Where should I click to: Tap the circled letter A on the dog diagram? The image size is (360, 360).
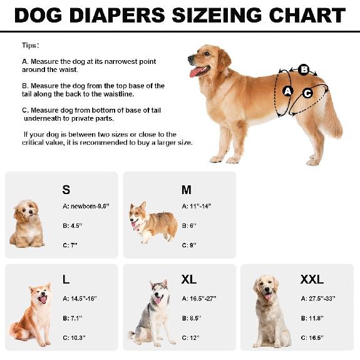tap(288, 91)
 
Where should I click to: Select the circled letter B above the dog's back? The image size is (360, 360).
tap(304, 69)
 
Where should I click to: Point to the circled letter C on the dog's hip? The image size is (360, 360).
tap(307, 93)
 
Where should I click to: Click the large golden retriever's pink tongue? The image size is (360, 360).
tap(196, 71)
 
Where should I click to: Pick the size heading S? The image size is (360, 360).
tap(66, 190)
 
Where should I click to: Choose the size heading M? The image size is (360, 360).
tap(187, 190)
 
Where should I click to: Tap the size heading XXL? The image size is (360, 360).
tap(312, 279)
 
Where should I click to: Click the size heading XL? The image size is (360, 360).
tap(188, 279)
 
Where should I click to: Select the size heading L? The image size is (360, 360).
tap(66, 279)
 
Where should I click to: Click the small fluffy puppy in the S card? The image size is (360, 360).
tap(27, 223)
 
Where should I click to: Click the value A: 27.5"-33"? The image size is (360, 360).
tap(322, 299)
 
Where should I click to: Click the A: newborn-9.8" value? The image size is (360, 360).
tap(86, 206)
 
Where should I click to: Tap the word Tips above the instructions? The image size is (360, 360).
tap(29, 46)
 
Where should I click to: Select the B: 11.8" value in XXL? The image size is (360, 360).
tap(314, 319)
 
